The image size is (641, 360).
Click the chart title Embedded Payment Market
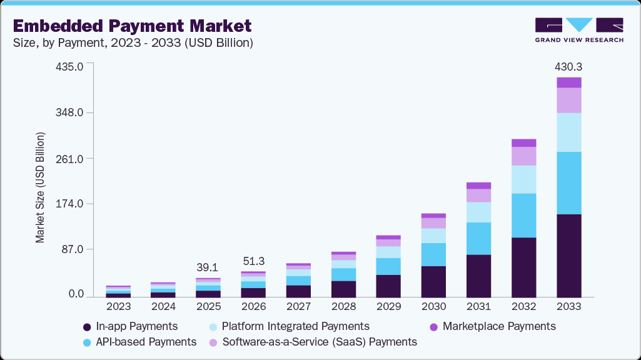132,26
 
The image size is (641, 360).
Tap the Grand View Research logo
579,30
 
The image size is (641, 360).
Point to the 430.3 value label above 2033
568,66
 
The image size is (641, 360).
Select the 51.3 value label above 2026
253,260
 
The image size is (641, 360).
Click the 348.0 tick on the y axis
71,112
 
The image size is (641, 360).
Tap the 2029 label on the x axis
388,307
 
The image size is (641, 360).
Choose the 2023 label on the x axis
118,307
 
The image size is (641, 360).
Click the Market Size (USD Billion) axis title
41,187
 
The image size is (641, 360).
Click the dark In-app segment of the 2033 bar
568,256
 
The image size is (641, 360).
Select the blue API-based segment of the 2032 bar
523,216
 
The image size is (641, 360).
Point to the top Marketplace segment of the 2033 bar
568,82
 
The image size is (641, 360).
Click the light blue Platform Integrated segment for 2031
478,212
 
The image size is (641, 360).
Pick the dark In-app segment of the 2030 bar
433,281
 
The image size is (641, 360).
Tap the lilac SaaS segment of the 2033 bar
568,100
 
